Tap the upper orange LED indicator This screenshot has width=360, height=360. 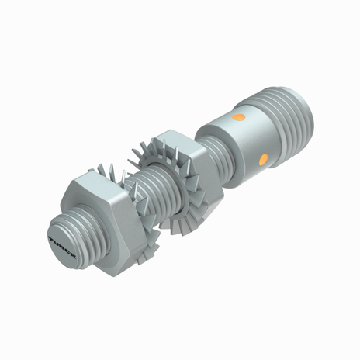pos(240,118)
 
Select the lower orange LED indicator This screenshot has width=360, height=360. pos(263,159)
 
